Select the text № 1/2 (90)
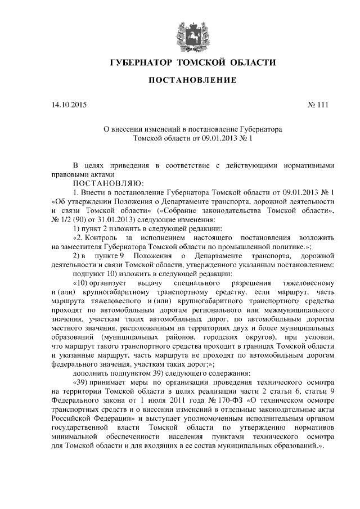71,220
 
